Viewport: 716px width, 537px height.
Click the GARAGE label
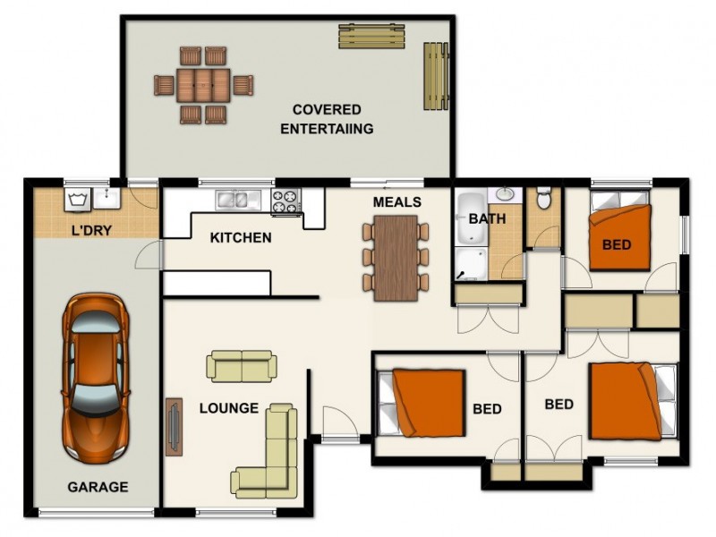(x=98, y=487)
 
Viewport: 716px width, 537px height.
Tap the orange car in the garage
(x=96, y=377)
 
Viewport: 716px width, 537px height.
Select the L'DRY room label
(x=92, y=230)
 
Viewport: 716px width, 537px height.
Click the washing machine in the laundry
(x=77, y=200)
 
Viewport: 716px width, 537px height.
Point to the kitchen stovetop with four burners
(x=286, y=200)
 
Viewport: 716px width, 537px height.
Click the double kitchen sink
(x=238, y=200)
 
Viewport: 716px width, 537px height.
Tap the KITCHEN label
(x=241, y=237)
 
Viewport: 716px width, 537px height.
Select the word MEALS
(x=397, y=202)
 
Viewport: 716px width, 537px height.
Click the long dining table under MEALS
(x=396, y=258)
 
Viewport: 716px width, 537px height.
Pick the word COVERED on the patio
(x=327, y=109)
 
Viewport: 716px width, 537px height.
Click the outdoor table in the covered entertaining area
(x=203, y=85)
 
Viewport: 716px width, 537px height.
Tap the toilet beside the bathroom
(x=543, y=197)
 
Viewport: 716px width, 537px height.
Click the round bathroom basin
(x=505, y=194)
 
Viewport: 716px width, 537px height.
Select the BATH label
(x=487, y=218)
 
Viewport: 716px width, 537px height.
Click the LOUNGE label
(x=229, y=408)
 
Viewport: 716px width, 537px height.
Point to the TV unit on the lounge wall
(x=174, y=427)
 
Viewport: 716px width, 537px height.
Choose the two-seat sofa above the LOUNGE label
(x=242, y=366)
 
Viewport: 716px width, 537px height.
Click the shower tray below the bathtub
(x=472, y=263)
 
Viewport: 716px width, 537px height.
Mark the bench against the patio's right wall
(x=436, y=76)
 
